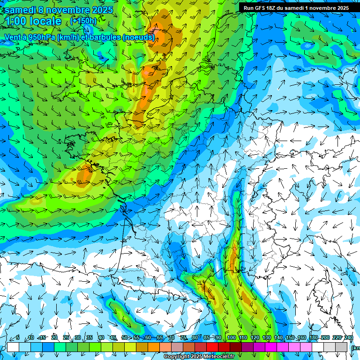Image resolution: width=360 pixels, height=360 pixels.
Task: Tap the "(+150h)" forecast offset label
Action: (83, 21)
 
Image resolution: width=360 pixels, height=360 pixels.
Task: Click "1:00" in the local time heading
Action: (17, 21)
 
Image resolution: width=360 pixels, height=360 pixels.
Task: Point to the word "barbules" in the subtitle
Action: (103, 37)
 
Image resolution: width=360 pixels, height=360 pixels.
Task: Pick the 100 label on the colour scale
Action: (231, 337)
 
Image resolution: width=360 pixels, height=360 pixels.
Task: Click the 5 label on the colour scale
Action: (18, 337)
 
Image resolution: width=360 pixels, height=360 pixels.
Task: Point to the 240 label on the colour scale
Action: (348, 337)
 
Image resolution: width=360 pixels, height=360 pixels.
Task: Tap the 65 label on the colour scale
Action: (160, 337)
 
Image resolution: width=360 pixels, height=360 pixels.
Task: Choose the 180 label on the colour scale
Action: (313, 337)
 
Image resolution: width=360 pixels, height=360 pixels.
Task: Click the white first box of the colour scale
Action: (13, 347)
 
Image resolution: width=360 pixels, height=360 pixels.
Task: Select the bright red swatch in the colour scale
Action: (212, 347)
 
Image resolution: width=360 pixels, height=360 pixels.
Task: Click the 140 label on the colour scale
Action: (278, 337)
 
